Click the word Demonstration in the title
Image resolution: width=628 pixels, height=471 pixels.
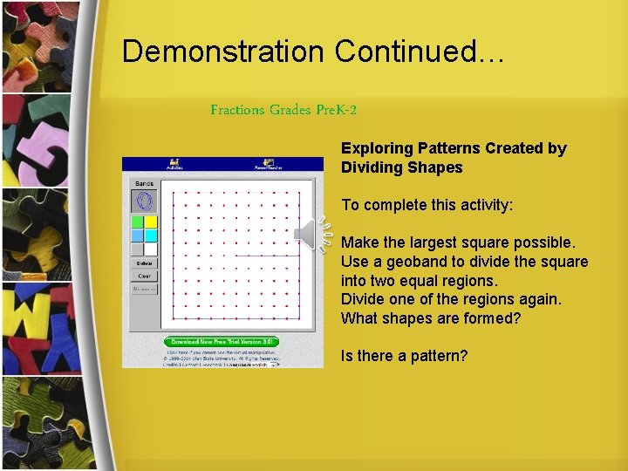[223, 51]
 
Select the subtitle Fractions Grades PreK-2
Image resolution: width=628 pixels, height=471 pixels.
[283, 110]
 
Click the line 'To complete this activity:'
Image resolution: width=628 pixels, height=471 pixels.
[427, 205]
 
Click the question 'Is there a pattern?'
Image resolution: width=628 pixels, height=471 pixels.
[404, 356]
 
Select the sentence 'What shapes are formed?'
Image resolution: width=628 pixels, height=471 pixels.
[430, 318]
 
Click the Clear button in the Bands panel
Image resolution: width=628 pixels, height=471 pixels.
[144, 276]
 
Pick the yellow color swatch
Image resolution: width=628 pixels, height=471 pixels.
[151, 222]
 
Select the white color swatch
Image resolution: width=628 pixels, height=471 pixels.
[151, 249]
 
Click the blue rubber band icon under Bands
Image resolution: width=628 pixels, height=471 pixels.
[144, 201]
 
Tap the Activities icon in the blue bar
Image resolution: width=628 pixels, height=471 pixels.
[174, 164]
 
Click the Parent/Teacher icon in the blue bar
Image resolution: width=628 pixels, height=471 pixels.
[269, 164]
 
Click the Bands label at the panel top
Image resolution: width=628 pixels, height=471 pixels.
[144, 184]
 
